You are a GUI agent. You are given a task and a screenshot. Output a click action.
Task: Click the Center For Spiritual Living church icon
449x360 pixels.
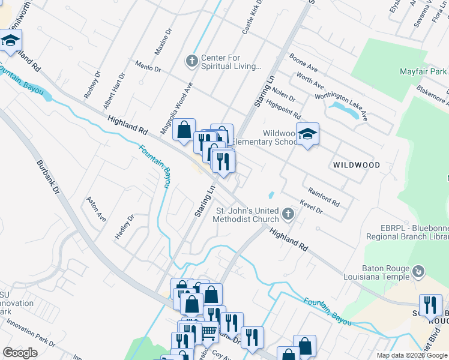pos(191,61)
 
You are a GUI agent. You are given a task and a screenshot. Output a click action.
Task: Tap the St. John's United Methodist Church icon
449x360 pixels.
pos(289,214)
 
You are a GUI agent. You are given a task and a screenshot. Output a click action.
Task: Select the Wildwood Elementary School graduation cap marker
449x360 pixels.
pos(307,134)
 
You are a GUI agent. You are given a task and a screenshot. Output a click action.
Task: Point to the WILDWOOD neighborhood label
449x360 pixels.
pos(357,164)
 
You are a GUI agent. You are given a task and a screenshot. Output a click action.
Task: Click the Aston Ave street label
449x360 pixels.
pos(96,209)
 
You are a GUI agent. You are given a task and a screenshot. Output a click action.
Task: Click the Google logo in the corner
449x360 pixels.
pos(20,353)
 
